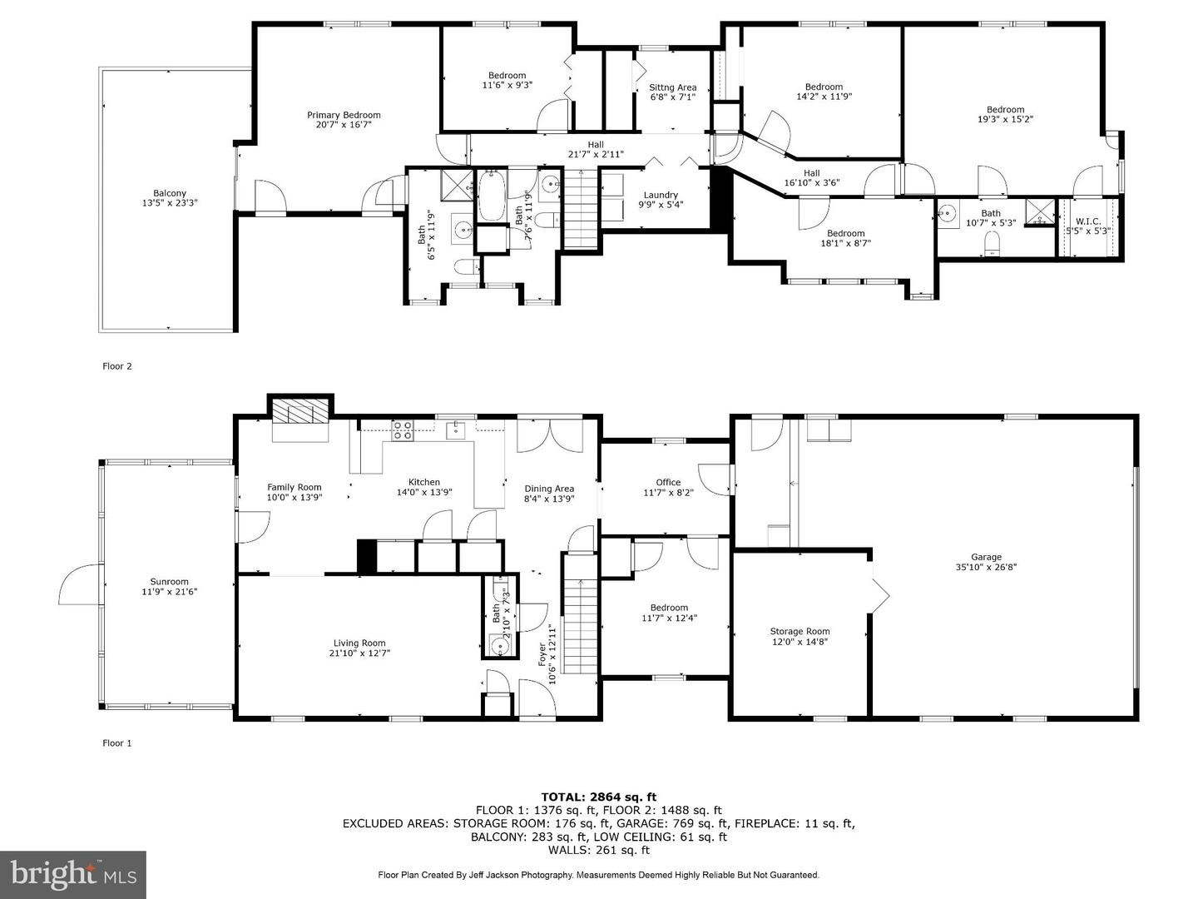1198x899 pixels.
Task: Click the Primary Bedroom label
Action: point(344,115)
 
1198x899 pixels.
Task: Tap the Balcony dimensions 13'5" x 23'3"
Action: point(169,203)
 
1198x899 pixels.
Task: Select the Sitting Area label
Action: point(672,87)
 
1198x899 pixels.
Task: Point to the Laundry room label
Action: point(661,195)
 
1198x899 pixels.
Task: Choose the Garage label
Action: point(986,557)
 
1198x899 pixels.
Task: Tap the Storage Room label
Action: point(799,631)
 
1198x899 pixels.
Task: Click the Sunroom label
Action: point(169,582)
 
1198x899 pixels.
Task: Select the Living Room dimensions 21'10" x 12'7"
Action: point(359,653)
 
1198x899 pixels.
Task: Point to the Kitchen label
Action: point(423,482)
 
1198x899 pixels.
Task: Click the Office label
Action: point(667,482)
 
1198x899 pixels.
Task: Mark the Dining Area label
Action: point(549,489)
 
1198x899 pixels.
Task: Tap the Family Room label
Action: point(294,487)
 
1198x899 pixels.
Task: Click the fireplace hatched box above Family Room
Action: point(300,411)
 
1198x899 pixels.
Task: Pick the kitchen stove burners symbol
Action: point(403,430)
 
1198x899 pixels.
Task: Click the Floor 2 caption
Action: point(117,366)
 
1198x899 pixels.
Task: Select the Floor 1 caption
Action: point(117,743)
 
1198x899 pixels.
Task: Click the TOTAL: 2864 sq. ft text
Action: point(598,797)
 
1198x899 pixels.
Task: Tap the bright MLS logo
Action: point(73,874)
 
